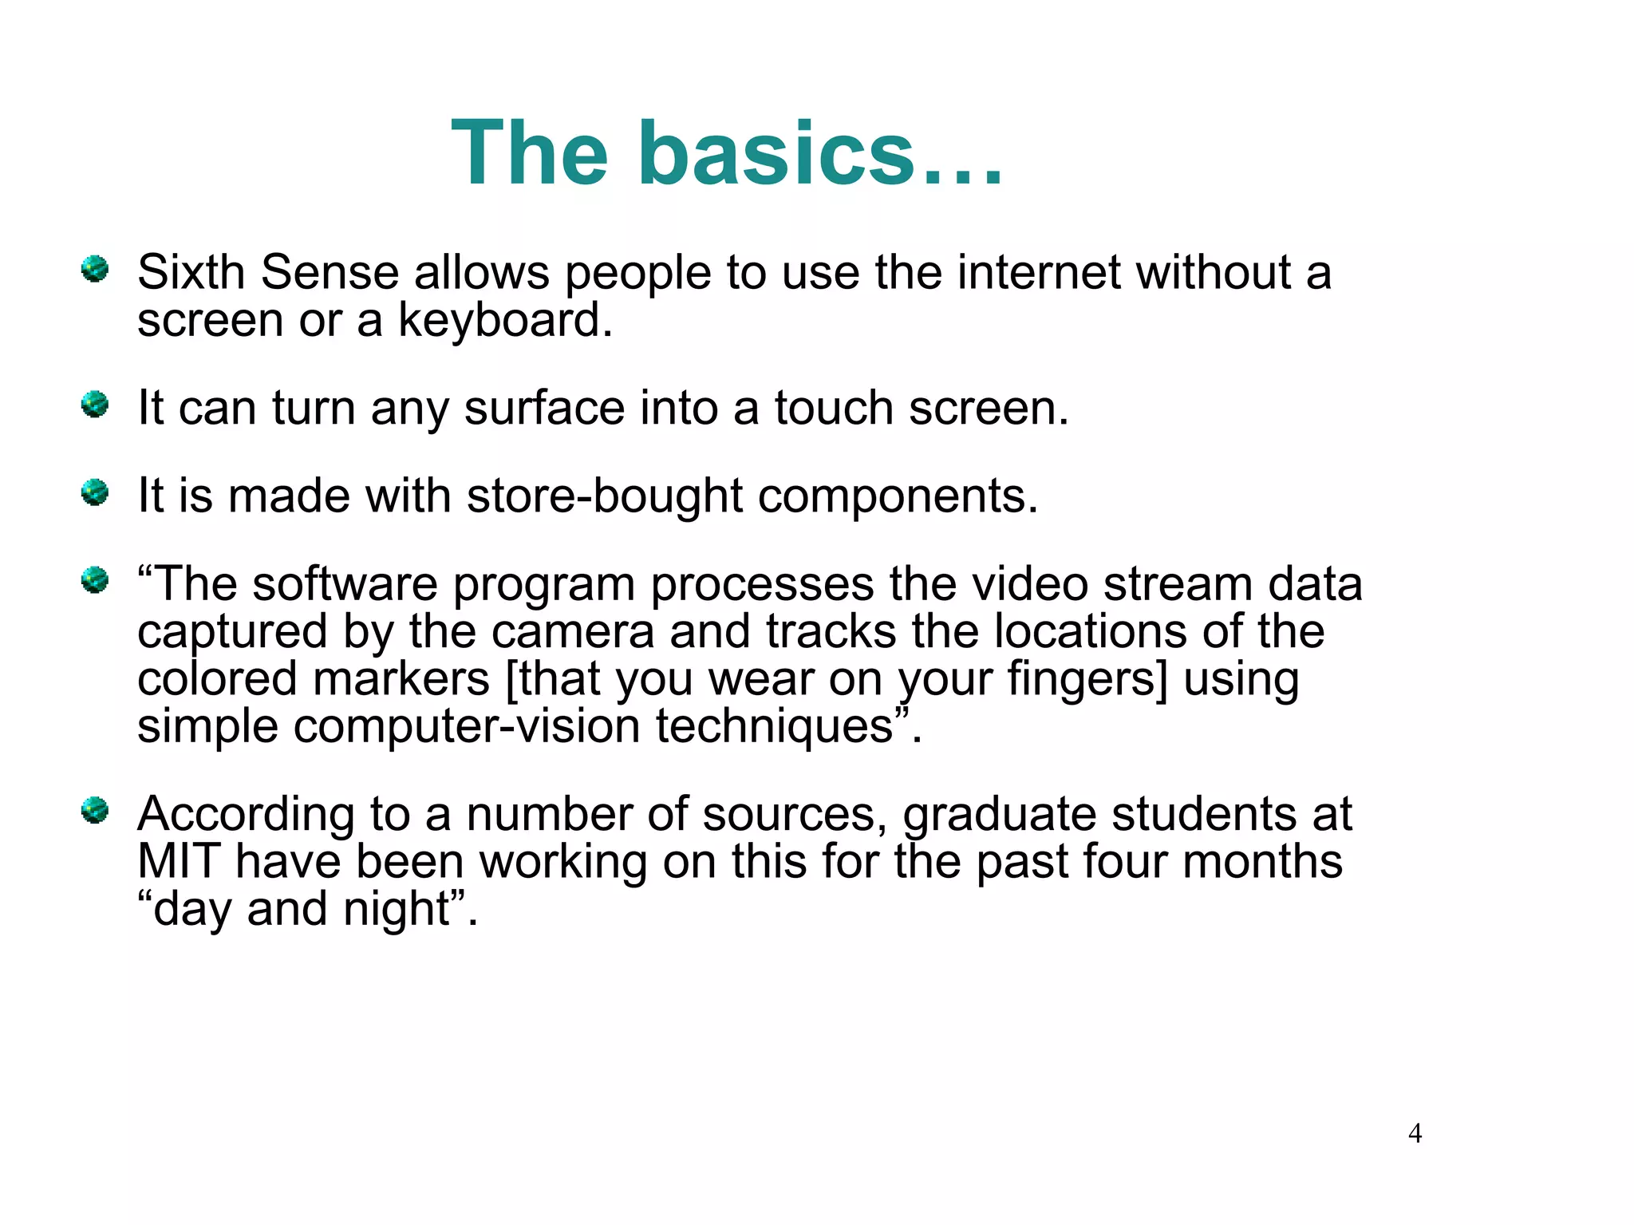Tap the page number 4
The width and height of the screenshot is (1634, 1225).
[1415, 1133]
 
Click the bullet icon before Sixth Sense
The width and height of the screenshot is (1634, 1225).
[95, 269]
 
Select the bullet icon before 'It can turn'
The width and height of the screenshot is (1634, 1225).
[95, 404]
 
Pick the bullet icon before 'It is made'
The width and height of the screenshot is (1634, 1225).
[95, 492]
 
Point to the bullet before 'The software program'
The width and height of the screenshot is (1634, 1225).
[95, 580]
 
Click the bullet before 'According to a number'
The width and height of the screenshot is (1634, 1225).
[95, 811]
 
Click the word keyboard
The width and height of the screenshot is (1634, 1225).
[504, 320]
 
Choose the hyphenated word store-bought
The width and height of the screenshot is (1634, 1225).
[605, 496]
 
